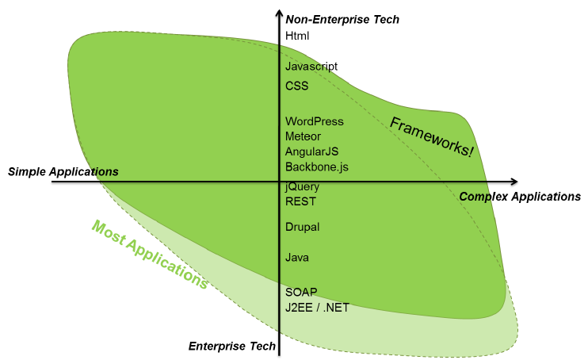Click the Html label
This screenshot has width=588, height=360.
(x=297, y=36)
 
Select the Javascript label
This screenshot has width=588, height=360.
(x=311, y=67)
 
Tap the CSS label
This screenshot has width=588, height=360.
(x=296, y=86)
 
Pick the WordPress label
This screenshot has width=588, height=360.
(x=315, y=121)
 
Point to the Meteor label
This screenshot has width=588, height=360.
(x=303, y=136)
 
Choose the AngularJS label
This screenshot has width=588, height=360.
(x=311, y=151)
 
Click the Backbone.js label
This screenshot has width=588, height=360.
(x=316, y=167)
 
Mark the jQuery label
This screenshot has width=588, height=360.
(x=302, y=186)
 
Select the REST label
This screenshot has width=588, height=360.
(x=300, y=201)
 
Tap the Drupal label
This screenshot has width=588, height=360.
(x=302, y=227)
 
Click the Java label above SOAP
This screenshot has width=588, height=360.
(x=297, y=258)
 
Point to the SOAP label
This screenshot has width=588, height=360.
(x=300, y=292)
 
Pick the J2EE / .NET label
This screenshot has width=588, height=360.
(x=317, y=307)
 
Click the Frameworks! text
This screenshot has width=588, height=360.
(x=432, y=136)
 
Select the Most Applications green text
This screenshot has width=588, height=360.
(x=150, y=254)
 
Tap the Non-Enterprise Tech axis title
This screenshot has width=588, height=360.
(x=342, y=19)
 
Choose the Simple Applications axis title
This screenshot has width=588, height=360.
(x=63, y=172)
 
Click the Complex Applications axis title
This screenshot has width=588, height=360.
(x=520, y=197)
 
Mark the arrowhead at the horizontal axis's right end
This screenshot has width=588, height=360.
(x=514, y=182)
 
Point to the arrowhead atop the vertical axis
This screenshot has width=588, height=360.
(x=278, y=13)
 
